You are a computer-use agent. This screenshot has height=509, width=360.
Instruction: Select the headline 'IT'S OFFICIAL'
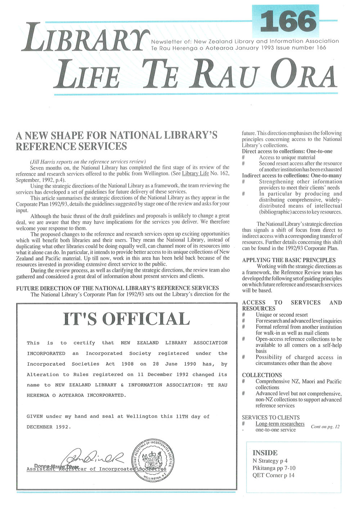tap(126, 319)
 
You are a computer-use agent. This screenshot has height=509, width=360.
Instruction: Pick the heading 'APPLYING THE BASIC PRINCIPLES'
tap(289, 260)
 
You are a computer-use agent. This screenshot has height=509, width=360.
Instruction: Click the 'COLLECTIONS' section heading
tap(262, 375)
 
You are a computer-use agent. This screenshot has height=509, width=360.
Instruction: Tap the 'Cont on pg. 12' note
tap(325, 427)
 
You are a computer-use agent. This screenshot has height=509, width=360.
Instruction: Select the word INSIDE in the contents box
tap(265, 453)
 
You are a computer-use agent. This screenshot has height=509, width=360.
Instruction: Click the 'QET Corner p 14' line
tap(273, 475)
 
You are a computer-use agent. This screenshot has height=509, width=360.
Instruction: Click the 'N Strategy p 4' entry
tap(270, 461)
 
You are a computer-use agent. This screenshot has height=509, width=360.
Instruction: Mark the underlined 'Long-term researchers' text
tap(280, 424)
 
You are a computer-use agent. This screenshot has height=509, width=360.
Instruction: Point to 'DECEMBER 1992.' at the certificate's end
tap(49, 427)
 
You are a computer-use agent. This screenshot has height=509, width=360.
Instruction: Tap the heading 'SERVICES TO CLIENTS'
tap(270, 418)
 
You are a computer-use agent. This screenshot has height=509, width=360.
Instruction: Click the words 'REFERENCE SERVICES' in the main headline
tap(71, 147)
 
